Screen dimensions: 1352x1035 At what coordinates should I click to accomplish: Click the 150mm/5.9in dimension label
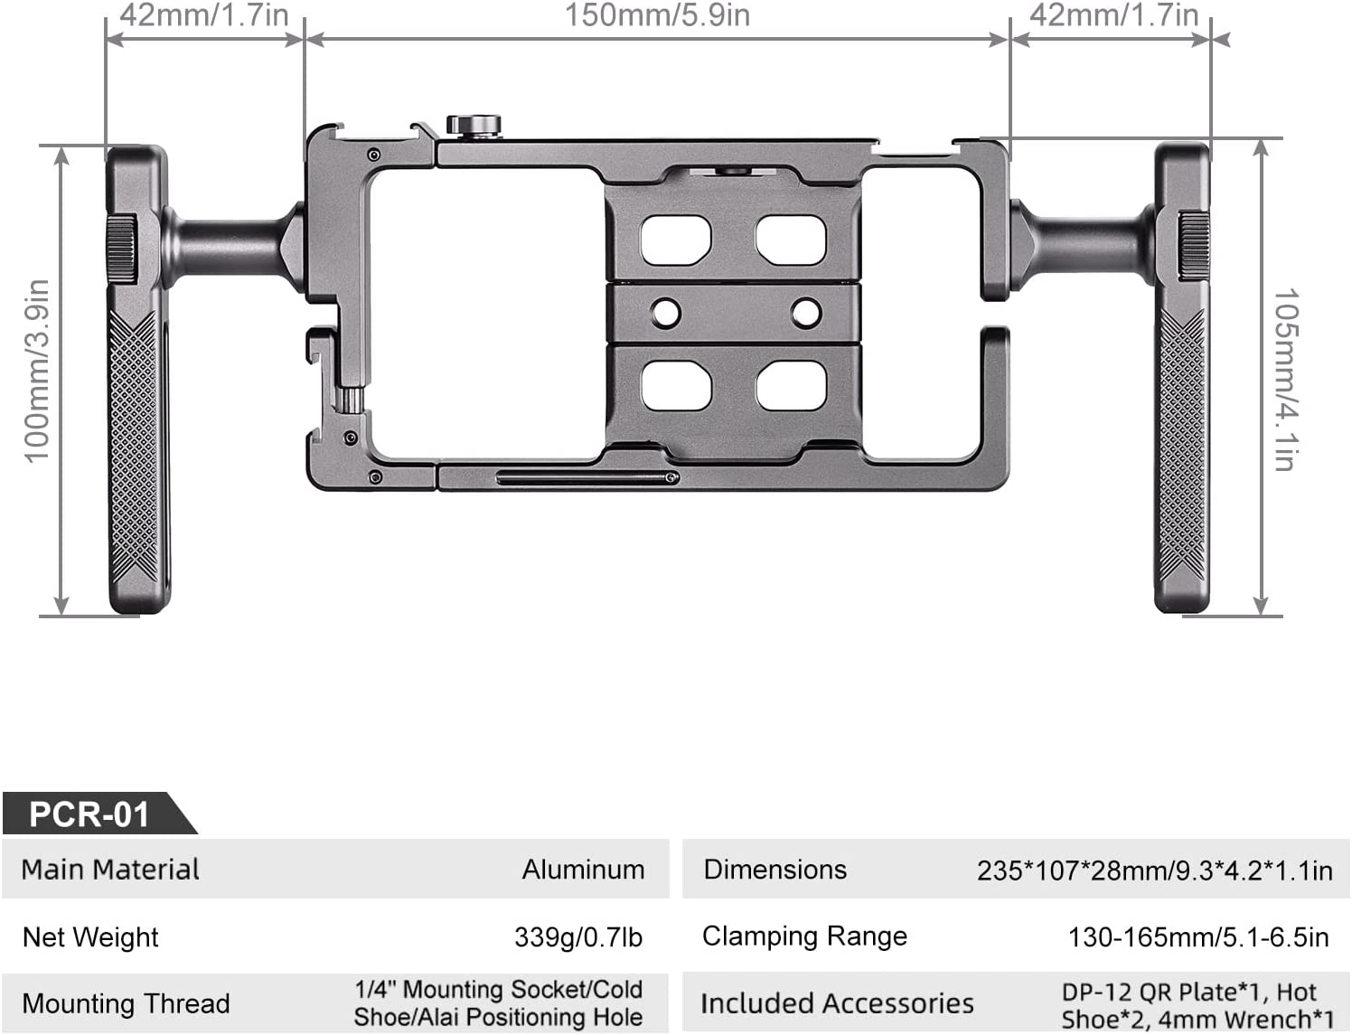[657, 15]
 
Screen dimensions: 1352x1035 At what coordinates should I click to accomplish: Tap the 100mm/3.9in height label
[36, 371]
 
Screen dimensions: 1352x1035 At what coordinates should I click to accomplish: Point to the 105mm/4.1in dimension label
[1286, 380]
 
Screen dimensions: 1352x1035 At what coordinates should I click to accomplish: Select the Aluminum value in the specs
[583, 870]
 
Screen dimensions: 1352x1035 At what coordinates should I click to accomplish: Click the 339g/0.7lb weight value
[578, 937]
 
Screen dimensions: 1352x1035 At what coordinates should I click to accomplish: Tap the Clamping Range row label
[804, 936]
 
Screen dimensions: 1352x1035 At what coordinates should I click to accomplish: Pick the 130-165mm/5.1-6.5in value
[1198, 937]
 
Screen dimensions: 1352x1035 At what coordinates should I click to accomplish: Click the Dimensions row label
[775, 870]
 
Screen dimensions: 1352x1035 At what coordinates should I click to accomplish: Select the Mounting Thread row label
[127, 1003]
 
